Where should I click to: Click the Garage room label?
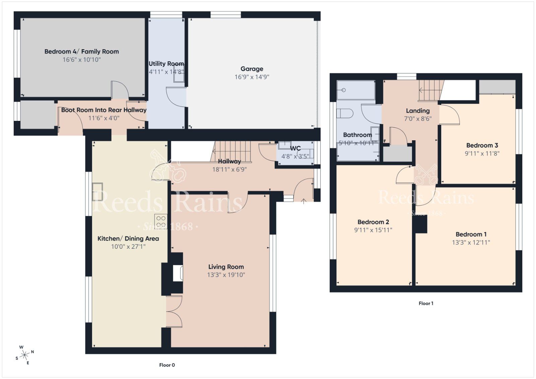click(252, 69)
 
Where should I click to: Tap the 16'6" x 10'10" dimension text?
click(81, 60)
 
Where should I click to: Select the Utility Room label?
click(166, 64)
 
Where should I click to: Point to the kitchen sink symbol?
click(97, 192)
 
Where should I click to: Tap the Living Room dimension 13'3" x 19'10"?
click(226, 275)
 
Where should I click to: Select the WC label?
click(295, 148)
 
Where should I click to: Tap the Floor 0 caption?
click(167, 365)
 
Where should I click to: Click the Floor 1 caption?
click(426, 303)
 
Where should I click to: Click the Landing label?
click(418, 110)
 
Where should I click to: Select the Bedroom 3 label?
click(482, 145)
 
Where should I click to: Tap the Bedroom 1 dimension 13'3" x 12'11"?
click(471, 242)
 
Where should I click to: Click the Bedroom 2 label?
click(373, 222)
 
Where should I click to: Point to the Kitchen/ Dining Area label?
click(128, 238)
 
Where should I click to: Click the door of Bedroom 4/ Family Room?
click(120, 90)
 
